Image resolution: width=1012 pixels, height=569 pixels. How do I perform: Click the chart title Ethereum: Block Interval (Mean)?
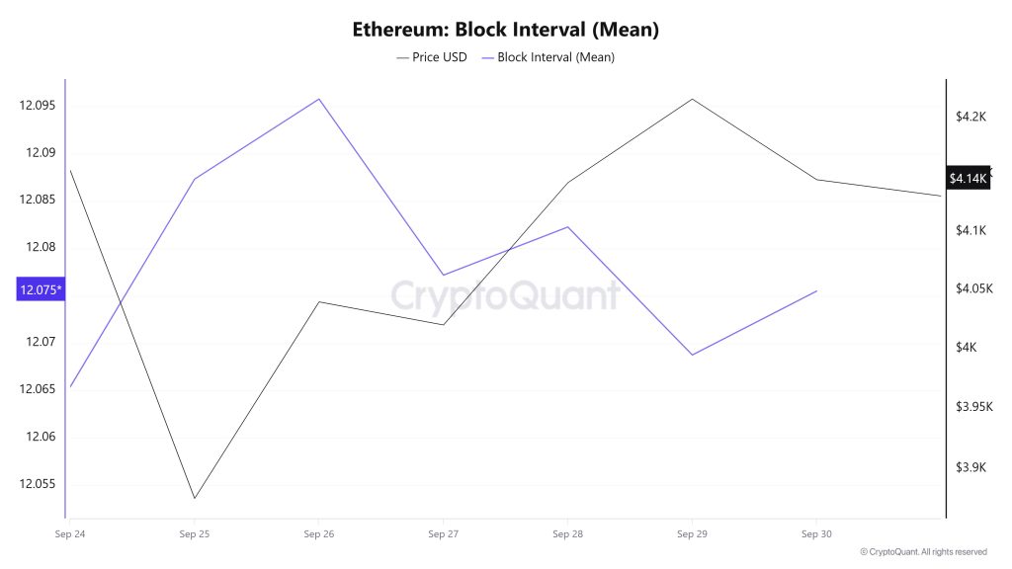click(505, 30)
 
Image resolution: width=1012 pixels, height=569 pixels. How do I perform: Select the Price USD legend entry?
click(432, 57)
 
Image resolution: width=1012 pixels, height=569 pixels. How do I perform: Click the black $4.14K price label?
click(968, 179)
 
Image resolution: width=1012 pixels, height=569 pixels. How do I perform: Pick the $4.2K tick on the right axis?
click(971, 117)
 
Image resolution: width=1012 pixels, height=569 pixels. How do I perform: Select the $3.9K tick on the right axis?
click(971, 467)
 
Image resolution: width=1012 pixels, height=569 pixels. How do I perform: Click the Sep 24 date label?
click(69, 534)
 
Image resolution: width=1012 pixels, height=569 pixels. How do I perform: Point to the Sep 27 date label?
click(443, 534)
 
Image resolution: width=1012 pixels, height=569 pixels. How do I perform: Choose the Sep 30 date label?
click(815, 534)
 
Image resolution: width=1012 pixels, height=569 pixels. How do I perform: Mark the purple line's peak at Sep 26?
click(318, 99)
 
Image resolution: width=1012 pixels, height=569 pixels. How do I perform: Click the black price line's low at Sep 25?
click(194, 498)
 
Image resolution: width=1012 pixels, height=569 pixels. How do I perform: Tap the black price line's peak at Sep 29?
click(692, 99)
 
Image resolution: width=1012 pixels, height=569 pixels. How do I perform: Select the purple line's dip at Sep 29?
click(692, 355)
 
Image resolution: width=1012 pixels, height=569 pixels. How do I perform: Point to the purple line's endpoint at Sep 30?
click(816, 291)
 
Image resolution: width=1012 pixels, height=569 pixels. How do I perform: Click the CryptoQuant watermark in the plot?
click(505, 295)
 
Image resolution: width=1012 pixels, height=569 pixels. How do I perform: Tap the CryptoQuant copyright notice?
click(923, 552)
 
